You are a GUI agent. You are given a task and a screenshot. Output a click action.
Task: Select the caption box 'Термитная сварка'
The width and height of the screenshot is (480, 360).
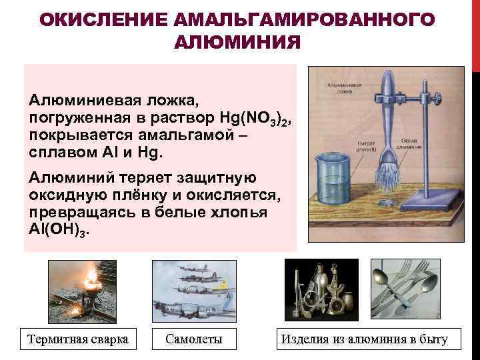[78, 339]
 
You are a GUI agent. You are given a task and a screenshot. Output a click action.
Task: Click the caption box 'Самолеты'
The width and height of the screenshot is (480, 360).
[193, 339]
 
